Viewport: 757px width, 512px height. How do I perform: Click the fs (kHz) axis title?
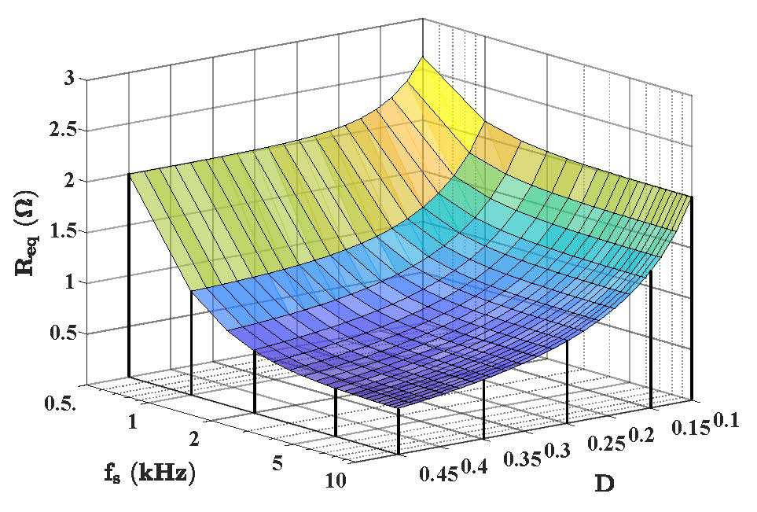pos(149,473)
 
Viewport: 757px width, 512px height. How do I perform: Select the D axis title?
pos(604,483)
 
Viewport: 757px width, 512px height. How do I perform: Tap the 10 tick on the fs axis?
pos(333,481)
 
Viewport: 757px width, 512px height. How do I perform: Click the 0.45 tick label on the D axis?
pos(439,474)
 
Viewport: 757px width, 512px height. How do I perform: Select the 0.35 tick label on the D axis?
pos(524,459)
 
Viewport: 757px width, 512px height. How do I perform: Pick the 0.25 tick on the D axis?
pos(606,443)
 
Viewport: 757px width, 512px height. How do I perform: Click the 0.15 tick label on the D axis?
pos(691,428)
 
